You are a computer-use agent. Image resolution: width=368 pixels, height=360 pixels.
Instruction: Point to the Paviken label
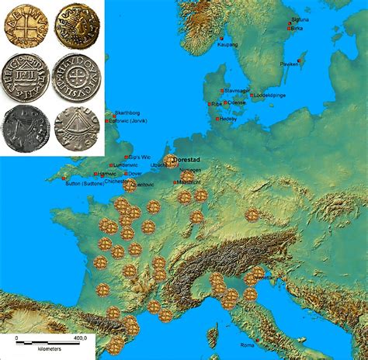click(290, 64)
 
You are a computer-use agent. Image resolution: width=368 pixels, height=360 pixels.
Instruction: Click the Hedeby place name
click(227, 119)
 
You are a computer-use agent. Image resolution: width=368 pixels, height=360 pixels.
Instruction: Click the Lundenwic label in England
click(123, 165)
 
